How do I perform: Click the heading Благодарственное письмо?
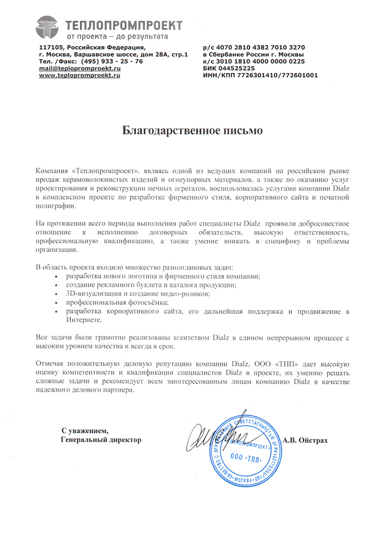190,130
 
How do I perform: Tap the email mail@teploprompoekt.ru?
79,69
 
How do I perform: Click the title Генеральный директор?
101,440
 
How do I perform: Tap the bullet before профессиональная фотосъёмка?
57,303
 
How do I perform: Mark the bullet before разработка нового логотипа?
57,276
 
